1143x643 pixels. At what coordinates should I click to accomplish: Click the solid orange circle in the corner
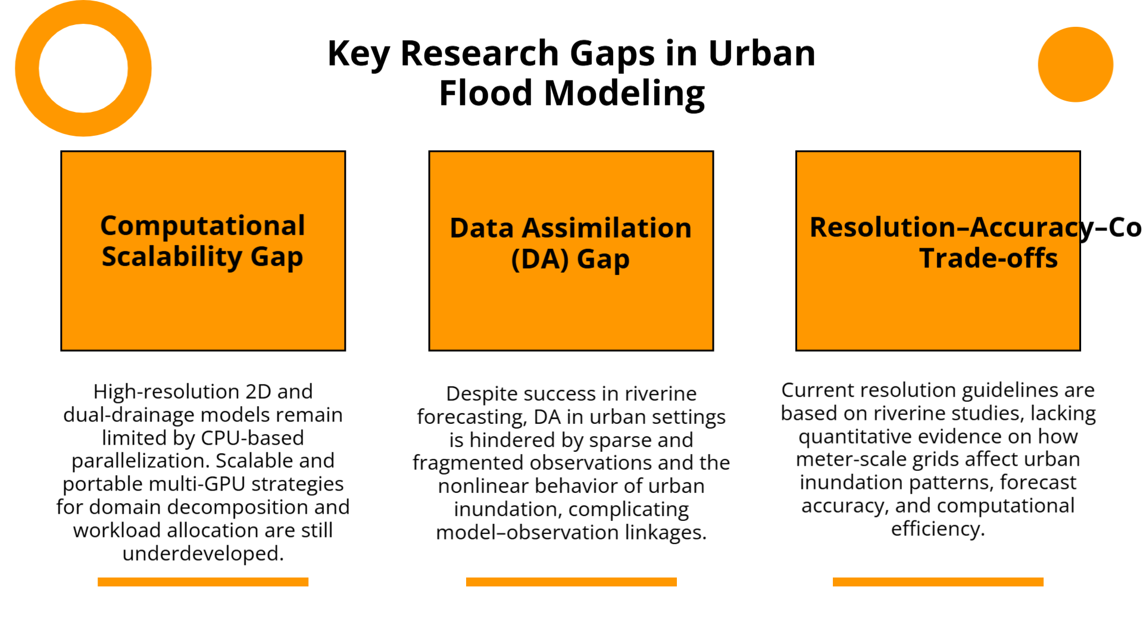(1075, 64)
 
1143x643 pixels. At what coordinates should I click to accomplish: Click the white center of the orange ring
(83, 68)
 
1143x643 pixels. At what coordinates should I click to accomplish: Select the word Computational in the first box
(202, 226)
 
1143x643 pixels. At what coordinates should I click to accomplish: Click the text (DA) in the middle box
(540, 260)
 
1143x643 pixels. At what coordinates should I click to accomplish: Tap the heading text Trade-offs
(988, 258)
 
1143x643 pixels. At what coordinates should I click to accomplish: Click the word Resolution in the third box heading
(882, 227)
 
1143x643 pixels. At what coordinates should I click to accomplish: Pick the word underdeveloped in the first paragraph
(202, 554)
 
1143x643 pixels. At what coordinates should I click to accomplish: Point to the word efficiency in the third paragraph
(937, 529)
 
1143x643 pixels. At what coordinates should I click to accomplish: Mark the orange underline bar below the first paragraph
(202, 582)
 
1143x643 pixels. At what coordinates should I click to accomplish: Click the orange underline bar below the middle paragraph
(571, 582)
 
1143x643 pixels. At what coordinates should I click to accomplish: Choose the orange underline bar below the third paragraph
(938, 582)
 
